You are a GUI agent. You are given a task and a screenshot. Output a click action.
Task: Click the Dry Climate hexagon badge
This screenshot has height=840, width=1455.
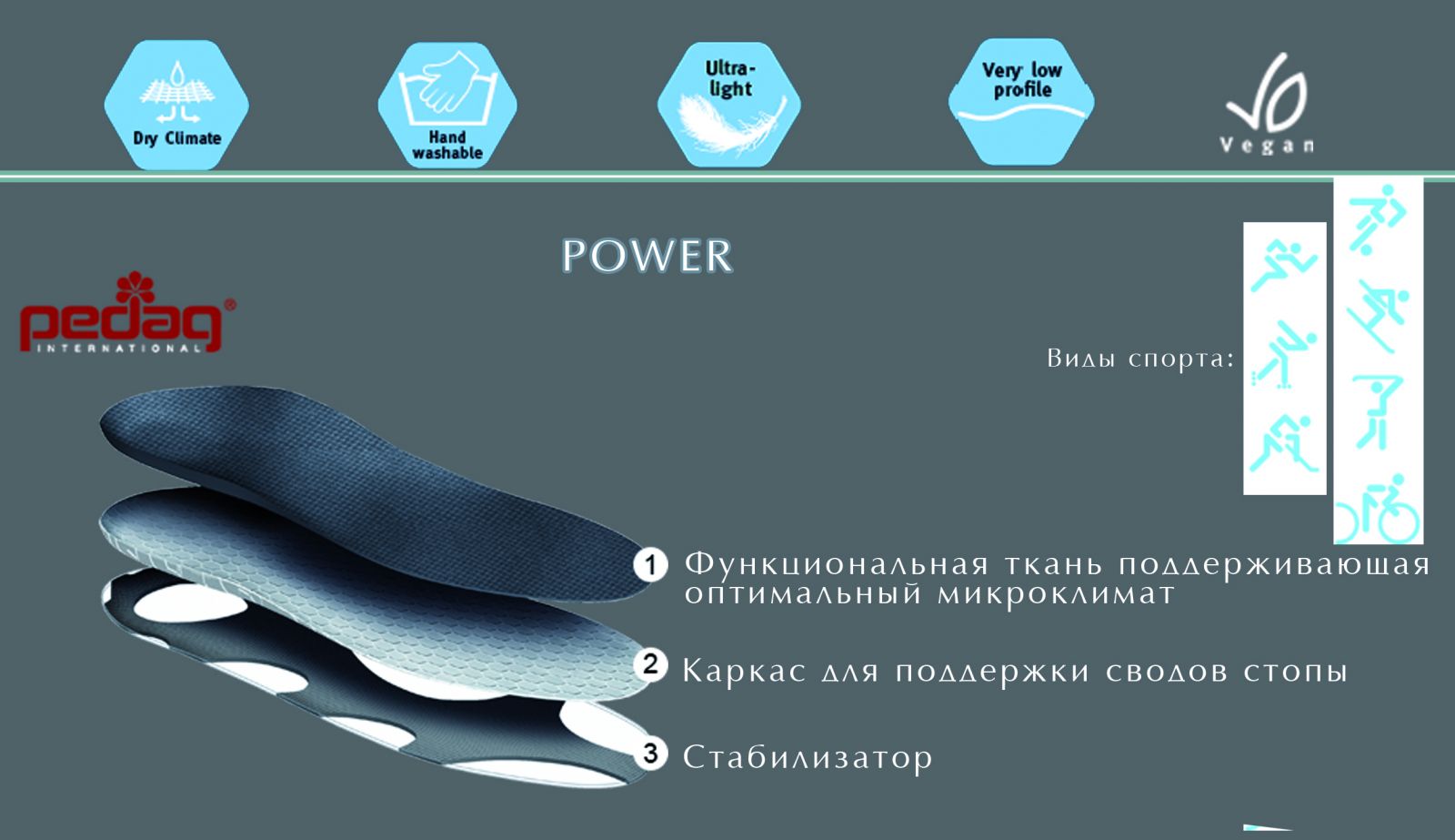[x=176, y=105]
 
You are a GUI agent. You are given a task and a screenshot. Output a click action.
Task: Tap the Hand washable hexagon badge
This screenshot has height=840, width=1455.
[x=447, y=105]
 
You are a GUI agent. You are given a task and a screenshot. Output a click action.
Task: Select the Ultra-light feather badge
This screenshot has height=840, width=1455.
[x=729, y=104]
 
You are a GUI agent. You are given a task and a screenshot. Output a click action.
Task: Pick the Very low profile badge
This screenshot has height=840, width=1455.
[x=1021, y=101]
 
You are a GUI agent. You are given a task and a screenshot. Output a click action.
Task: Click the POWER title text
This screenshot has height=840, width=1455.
[x=647, y=256]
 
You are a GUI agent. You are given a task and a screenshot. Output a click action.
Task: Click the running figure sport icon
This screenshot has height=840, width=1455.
[x=1283, y=265]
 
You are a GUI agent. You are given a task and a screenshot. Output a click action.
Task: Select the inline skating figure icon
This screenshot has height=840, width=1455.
[x=1283, y=353]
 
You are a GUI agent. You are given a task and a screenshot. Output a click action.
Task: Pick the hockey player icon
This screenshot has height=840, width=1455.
[x=1283, y=443]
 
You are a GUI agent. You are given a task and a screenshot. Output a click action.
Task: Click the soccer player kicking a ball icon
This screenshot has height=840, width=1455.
[x=1377, y=218]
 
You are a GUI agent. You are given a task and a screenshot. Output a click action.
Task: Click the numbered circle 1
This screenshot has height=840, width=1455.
[x=650, y=565]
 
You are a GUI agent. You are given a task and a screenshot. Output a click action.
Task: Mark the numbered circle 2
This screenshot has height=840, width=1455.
[x=650, y=664]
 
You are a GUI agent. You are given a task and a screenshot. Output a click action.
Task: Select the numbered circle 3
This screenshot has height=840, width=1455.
[x=650, y=754]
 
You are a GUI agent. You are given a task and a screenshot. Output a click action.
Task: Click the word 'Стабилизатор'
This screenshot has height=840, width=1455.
[x=808, y=757]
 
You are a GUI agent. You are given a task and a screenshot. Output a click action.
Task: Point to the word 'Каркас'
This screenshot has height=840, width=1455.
[x=744, y=672]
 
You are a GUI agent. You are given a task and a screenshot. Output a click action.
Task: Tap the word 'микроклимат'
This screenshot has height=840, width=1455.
[x=1056, y=594]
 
